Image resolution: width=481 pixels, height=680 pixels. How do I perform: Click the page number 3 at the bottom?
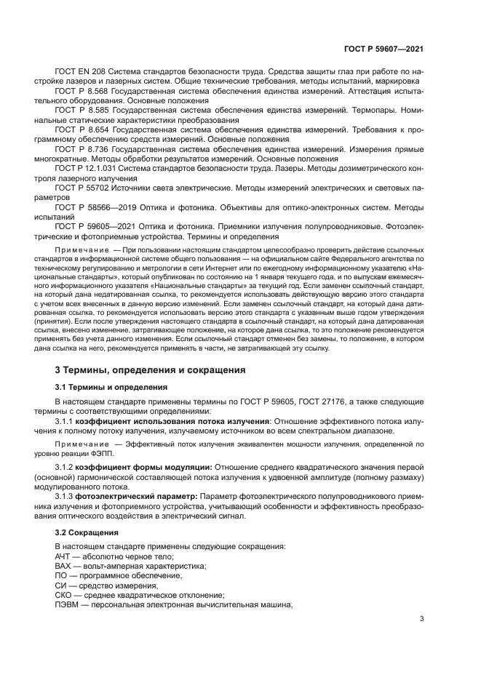(x=422, y=620)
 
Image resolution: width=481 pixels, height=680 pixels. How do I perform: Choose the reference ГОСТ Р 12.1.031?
(x=87, y=167)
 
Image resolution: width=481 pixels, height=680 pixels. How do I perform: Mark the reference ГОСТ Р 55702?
(x=81, y=186)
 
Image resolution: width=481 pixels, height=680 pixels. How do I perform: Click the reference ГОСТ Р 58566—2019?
(x=93, y=206)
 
